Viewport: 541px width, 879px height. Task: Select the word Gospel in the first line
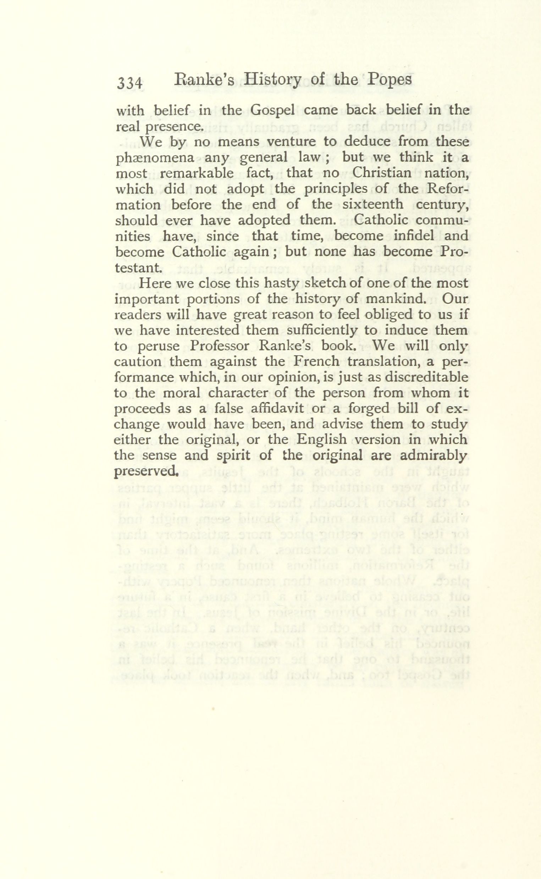click(x=274, y=110)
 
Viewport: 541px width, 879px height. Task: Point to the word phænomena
click(x=155, y=159)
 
